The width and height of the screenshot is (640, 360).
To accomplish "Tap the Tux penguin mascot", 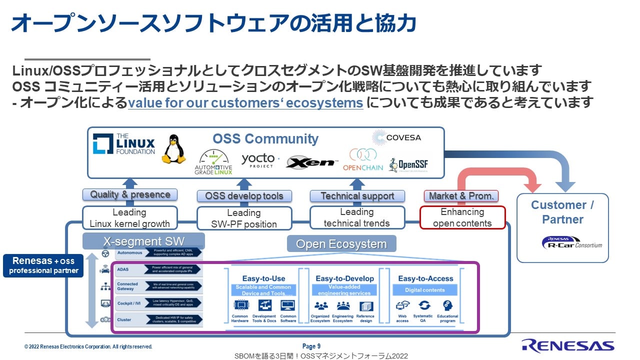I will [x=173, y=149].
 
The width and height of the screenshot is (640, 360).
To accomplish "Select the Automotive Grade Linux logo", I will [x=213, y=161].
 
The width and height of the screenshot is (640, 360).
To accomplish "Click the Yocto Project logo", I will [x=259, y=160].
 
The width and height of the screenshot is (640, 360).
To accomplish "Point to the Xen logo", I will [x=312, y=162].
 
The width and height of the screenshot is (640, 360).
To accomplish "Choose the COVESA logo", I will [x=397, y=137].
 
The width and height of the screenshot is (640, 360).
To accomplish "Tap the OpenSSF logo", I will [x=408, y=164].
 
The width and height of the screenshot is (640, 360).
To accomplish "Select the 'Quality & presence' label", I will [x=130, y=194].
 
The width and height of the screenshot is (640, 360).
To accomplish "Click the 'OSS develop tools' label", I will [x=244, y=196].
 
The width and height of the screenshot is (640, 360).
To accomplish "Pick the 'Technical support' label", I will [x=357, y=196].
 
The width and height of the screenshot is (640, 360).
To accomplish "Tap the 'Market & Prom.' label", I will [x=461, y=196].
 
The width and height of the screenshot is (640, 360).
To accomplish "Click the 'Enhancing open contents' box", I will [x=462, y=218].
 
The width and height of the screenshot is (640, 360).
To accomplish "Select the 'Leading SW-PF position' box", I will [x=244, y=218].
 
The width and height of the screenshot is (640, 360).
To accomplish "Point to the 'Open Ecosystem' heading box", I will [x=341, y=244].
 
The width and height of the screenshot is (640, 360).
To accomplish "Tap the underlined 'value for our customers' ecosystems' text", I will [x=245, y=103].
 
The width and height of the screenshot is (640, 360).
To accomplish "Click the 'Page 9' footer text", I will [x=311, y=346].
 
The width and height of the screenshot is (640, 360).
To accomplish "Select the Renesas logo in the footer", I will [x=567, y=345].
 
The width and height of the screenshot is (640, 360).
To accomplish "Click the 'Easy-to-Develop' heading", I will [x=344, y=278].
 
